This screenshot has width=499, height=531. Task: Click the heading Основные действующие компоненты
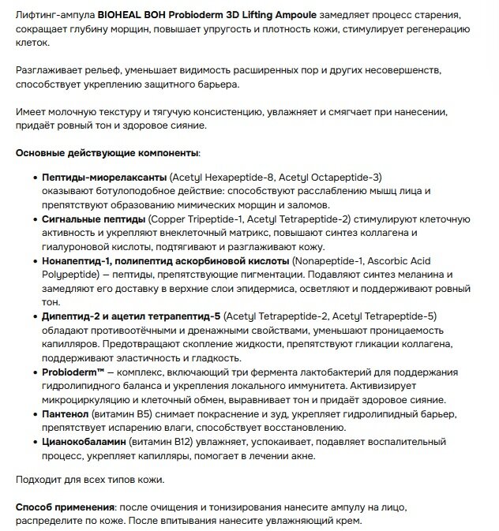coord(107,152)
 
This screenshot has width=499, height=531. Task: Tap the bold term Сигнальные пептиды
coord(93,219)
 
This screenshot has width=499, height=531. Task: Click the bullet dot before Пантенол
coord(36,413)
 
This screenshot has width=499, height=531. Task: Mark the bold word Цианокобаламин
coord(88,441)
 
